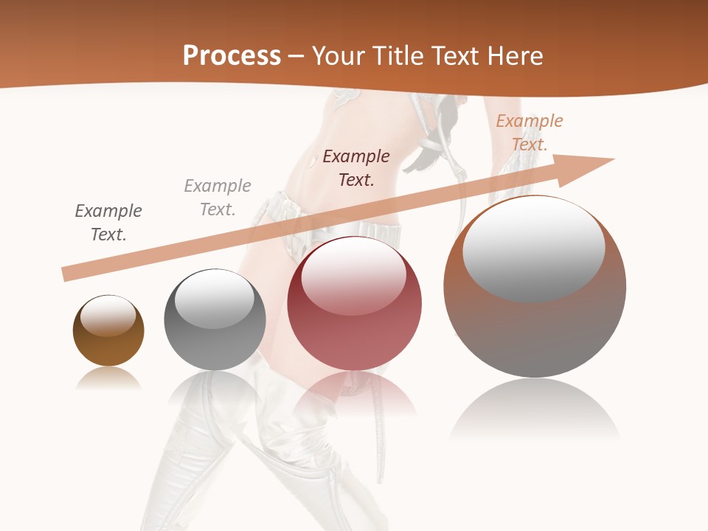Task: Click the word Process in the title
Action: pos(232,56)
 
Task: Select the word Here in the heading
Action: pos(513,56)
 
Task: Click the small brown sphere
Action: pos(108,331)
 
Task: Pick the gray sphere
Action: pos(215,320)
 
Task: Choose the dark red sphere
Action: pos(355,304)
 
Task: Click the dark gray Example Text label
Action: pos(108,223)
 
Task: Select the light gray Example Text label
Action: pos(218,198)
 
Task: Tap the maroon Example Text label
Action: pos(356,167)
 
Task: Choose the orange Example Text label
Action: pos(529,133)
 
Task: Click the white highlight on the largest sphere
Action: pos(533,248)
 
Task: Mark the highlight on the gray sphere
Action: pos(214,299)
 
